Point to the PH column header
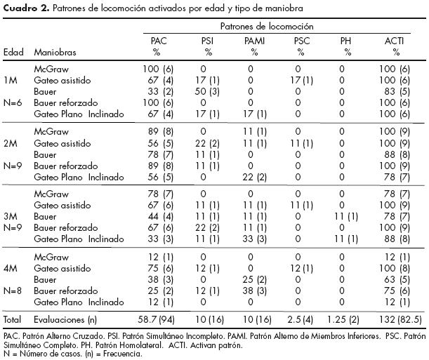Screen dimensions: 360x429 [x=343, y=42]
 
